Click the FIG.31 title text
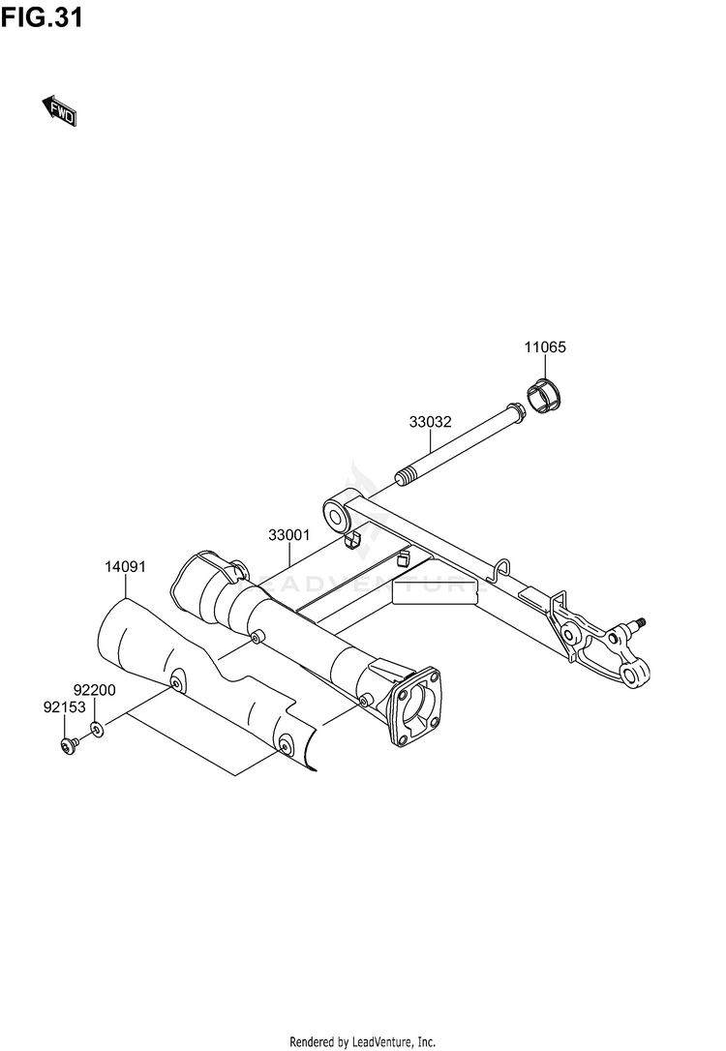point(41,18)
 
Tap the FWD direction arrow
point(59,111)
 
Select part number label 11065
point(546,347)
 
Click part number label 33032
point(430,423)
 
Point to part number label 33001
point(288,534)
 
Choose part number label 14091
point(125,566)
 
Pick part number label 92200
point(95,690)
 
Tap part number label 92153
point(61,707)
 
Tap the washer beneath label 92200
point(99,728)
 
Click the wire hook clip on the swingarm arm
point(499,569)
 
